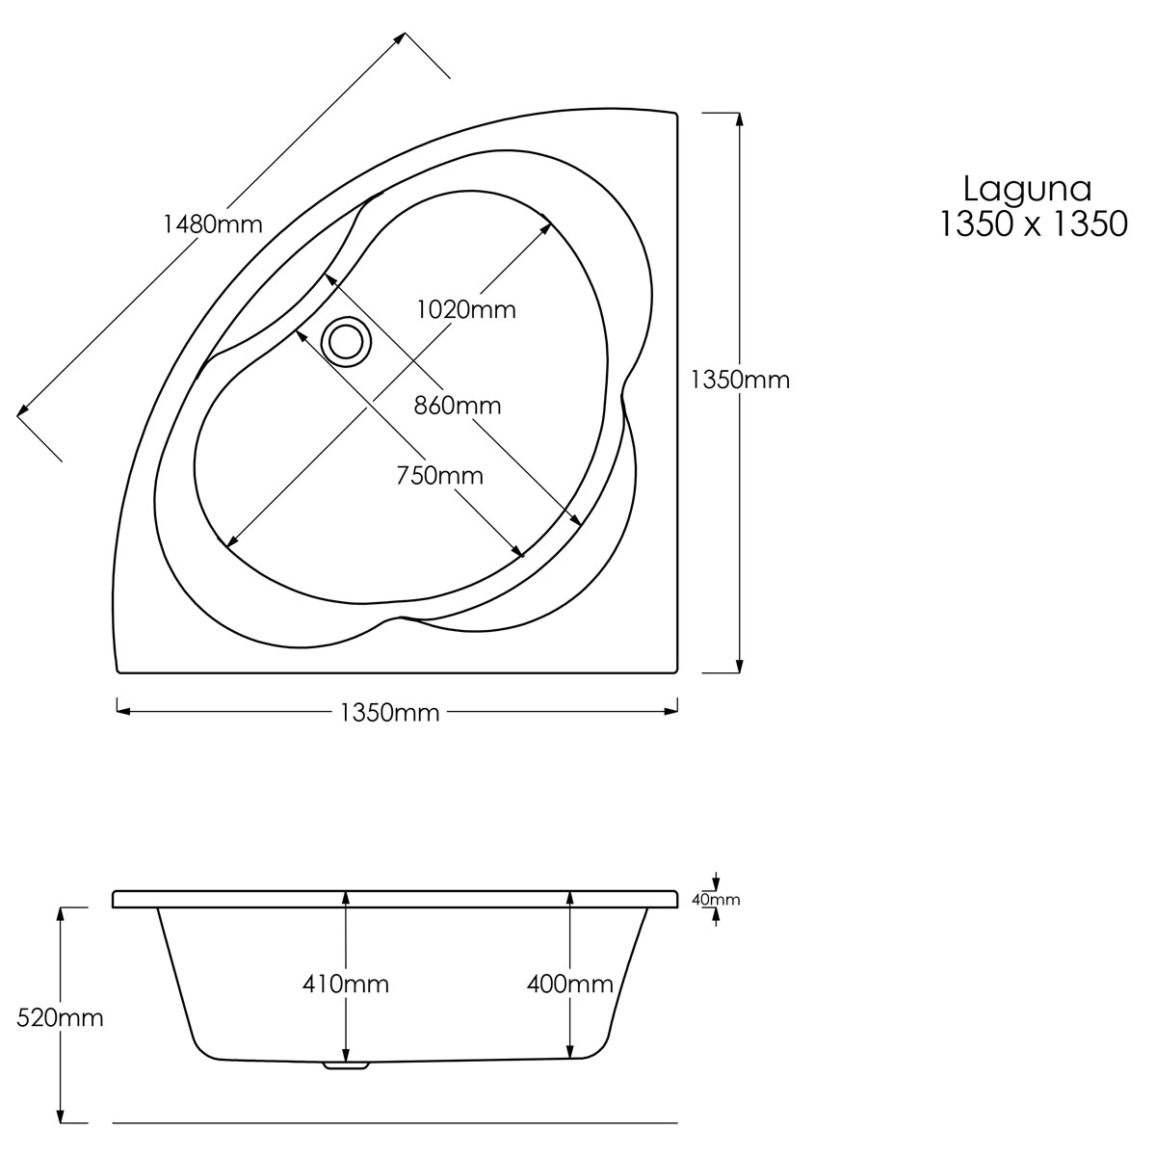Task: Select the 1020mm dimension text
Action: [466, 310]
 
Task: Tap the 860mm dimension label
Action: [458, 406]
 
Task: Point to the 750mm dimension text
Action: [439, 475]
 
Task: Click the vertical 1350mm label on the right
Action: [740, 380]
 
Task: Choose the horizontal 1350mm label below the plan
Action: [389, 713]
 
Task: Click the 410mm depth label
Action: [346, 985]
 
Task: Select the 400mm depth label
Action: [570, 985]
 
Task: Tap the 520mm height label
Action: [61, 1017]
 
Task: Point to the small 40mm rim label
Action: [716, 900]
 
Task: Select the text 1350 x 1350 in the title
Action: [1033, 224]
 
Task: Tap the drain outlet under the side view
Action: [347, 1065]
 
